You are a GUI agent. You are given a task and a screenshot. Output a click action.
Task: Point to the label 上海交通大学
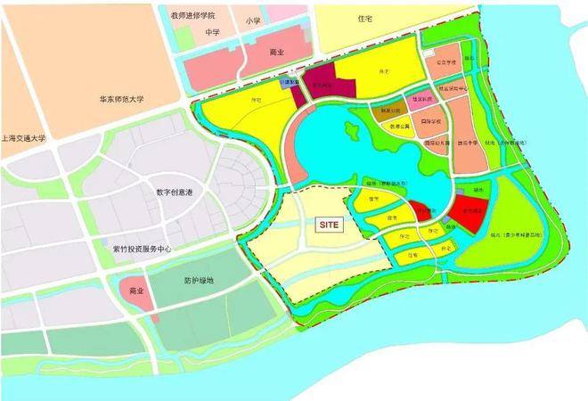click(26, 139)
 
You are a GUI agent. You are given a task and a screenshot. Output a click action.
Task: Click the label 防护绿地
click(199, 281)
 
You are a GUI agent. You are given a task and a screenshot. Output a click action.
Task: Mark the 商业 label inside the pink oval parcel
click(136, 291)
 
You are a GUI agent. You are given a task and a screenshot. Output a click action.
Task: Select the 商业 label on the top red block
click(276, 53)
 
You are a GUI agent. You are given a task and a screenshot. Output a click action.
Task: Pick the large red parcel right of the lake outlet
click(470, 212)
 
